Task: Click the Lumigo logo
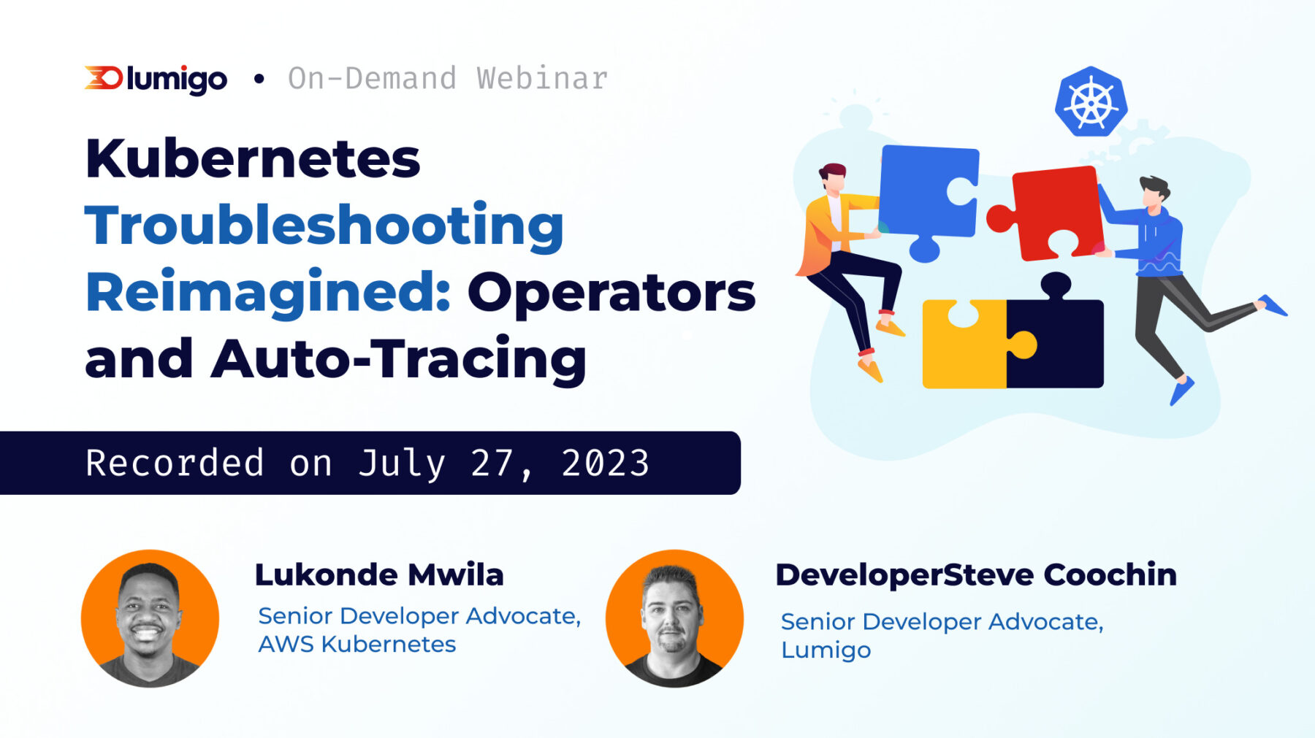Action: (x=156, y=79)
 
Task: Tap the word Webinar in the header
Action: (x=542, y=79)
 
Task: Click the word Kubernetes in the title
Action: (x=253, y=158)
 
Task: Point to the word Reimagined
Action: (x=267, y=292)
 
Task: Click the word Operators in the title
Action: (x=611, y=292)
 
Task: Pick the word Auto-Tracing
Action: (x=398, y=358)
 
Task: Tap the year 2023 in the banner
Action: (x=605, y=463)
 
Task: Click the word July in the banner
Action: (x=401, y=463)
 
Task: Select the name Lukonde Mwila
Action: (x=379, y=574)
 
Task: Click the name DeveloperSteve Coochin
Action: (x=975, y=574)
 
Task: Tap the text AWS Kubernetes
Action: (x=357, y=644)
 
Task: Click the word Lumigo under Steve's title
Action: (x=826, y=650)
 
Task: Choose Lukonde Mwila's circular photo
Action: (x=150, y=618)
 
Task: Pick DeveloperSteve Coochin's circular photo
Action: (x=674, y=618)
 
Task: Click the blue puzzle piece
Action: (x=926, y=193)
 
